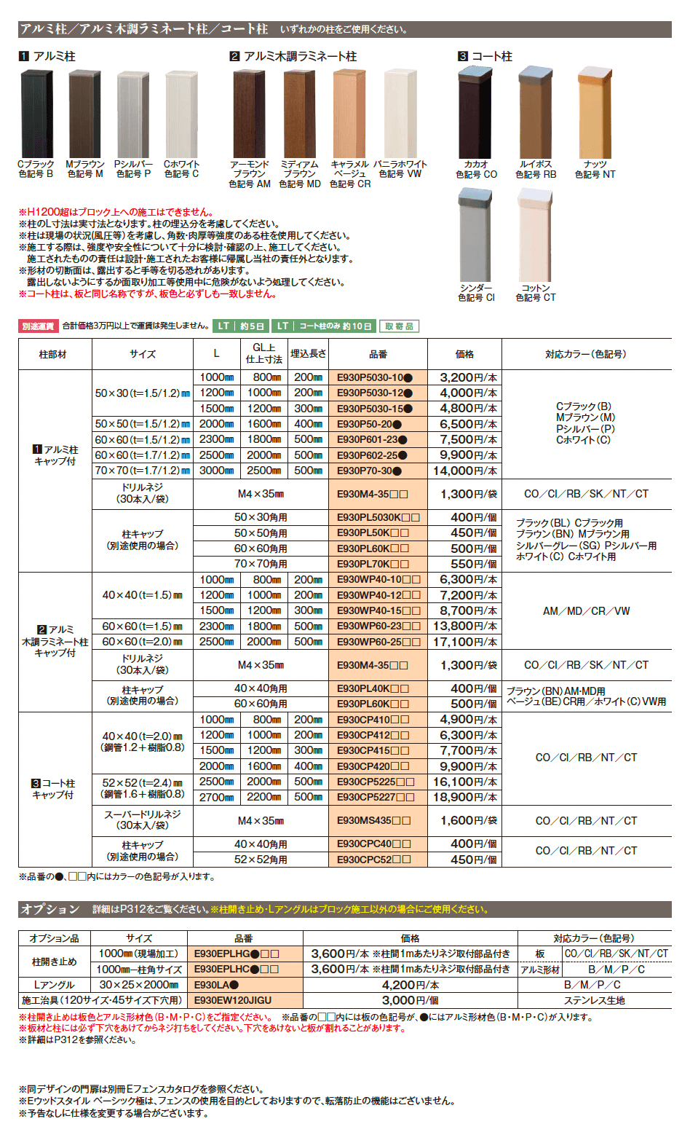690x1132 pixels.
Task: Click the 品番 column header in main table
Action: point(378,354)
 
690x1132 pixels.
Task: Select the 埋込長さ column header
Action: point(309,353)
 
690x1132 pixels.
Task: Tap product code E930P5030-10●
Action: point(375,377)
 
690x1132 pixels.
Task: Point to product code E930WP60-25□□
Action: point(378,642)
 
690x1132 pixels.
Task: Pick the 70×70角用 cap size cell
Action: point(261,564)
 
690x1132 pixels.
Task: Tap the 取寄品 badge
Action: point(399,326)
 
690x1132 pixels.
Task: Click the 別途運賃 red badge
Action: point(38,326)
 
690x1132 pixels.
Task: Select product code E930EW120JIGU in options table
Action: point(233,1000)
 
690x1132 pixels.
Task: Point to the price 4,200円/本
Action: point(411,985)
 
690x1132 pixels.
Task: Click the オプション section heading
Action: point(49,909)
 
